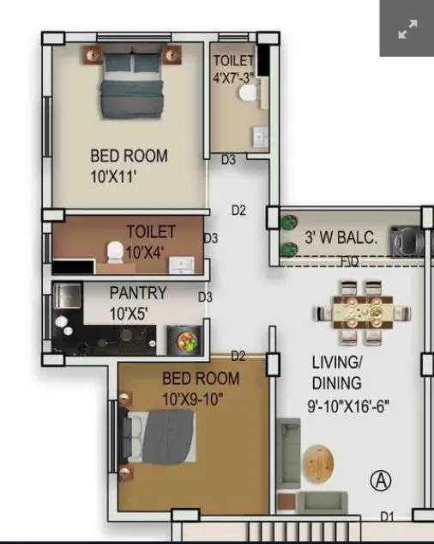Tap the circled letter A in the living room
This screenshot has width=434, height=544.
pos(380,481)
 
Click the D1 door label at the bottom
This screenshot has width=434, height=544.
pos(389,516)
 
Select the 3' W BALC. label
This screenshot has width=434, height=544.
pos(341,238)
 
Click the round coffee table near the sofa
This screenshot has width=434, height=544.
pos(321,464)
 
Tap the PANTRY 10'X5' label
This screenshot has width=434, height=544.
pos(138,303)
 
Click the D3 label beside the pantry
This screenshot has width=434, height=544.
pos(206,297)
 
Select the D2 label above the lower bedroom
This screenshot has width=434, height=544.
pos(238,356)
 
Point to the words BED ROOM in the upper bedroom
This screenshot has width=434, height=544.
pos(129,156)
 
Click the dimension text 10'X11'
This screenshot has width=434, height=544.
pos(114,178)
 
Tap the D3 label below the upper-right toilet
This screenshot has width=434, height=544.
pos(228,160)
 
